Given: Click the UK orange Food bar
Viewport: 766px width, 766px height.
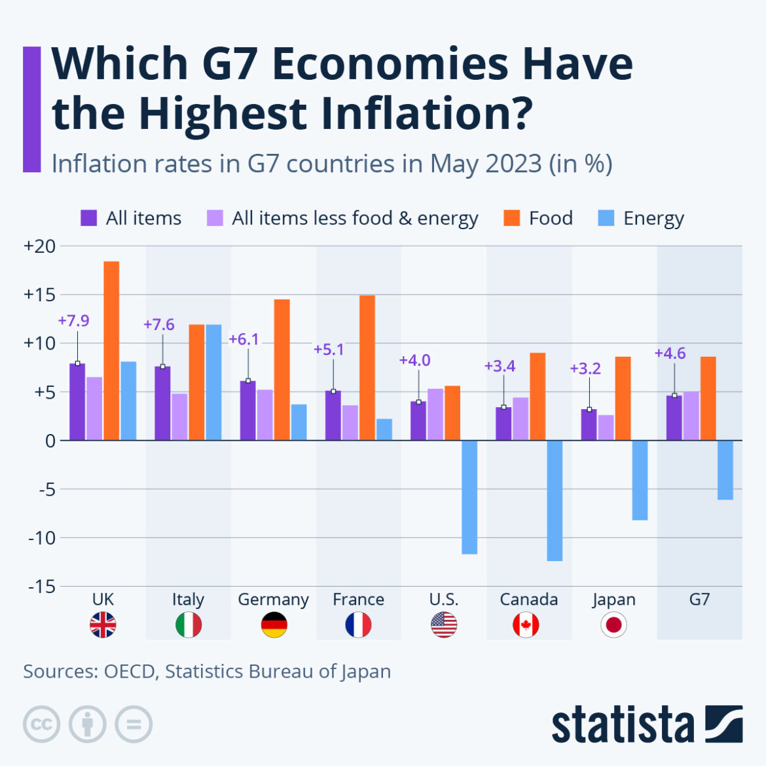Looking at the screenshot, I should coord(111,350).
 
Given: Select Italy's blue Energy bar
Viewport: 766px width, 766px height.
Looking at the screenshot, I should coord(213,382).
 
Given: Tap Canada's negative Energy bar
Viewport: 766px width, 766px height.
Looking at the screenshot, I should coord(555,500).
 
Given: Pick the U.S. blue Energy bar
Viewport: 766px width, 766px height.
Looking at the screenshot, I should coord(469,497).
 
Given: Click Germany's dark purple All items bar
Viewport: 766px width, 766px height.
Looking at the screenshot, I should coord(247,410).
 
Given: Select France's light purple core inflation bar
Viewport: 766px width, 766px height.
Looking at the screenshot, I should coord(350,423).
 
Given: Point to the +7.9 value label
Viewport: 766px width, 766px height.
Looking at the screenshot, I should coord(73,321).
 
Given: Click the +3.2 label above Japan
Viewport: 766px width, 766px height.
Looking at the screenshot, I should coord(585,369).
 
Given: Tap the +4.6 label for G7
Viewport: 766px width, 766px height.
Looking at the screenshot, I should coord(670,354).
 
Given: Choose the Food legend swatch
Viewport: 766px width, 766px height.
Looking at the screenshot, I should coord(511,218).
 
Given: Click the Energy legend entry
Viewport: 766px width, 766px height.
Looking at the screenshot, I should coord(642,218).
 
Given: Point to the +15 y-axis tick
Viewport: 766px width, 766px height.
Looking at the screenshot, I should coord(39,295).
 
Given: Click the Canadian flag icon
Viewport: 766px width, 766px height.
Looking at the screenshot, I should coord(526,625).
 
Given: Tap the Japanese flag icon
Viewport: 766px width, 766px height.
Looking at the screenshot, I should coord(613,625).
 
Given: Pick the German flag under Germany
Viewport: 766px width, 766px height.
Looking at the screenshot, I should coord(274,625).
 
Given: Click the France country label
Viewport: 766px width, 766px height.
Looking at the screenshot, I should coord(358,599).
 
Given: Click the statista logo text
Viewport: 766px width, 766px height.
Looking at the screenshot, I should coord(622,725).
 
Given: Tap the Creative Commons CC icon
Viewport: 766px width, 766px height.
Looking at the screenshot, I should coord(41,724).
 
